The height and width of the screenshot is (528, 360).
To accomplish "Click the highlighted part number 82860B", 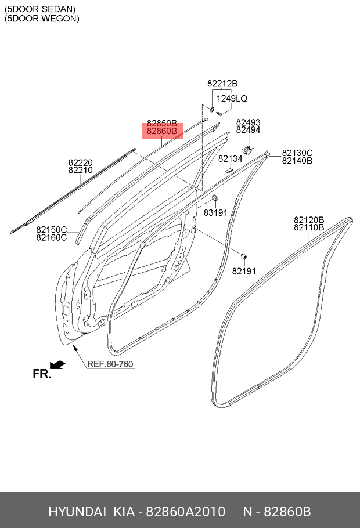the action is click(162, 131).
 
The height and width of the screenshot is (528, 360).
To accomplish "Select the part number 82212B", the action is click(222, 84).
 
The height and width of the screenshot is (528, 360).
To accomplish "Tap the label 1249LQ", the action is click(232, 99).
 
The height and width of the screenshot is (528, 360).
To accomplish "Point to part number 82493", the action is click(248, 122).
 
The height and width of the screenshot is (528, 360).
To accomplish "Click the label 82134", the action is click(230, 158).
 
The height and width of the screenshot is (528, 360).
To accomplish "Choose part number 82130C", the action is click(297, 153).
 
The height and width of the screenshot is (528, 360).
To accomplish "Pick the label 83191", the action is click(216, 213).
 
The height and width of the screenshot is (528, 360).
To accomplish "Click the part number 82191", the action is click(244, 271).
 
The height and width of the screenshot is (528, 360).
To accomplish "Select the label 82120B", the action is click(309, 220).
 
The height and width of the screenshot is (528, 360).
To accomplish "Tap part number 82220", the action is click(81, 163).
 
